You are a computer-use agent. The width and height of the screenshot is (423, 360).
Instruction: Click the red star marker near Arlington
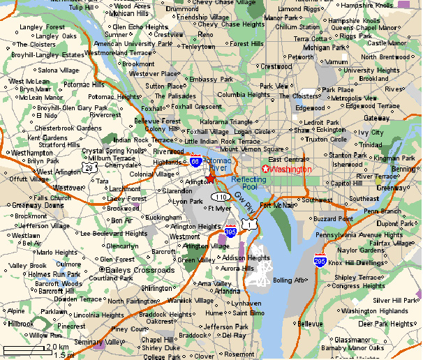(211, 179)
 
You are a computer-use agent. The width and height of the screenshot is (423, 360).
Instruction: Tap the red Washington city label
(290, 170)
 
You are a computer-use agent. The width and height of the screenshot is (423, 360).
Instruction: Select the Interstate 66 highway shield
(196, 161)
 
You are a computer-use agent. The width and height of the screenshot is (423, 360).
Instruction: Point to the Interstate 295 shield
(320, 261)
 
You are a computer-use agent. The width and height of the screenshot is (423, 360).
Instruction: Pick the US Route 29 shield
(89, 168)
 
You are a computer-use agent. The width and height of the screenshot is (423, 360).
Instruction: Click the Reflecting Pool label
(249, 183)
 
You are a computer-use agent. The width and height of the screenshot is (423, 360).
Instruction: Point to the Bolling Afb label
(289, 280)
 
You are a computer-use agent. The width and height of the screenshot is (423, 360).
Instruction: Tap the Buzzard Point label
(334, 218)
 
